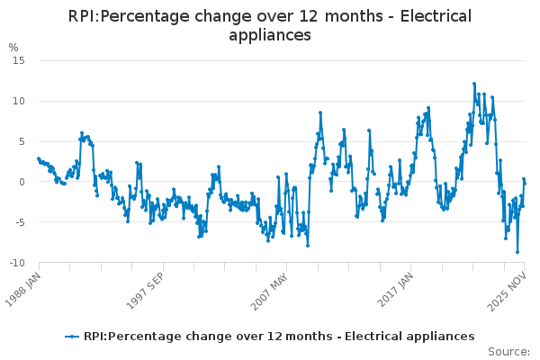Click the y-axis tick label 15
[18, 60]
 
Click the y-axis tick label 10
[18, 101]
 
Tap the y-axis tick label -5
[19, 222]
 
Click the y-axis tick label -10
[16, 263]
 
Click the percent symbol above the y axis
[13, 47]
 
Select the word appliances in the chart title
[270, 35]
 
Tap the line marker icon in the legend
[72, 337]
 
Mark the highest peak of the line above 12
[474, 84]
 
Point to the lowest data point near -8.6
[517, 252]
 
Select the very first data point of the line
[38, 158]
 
